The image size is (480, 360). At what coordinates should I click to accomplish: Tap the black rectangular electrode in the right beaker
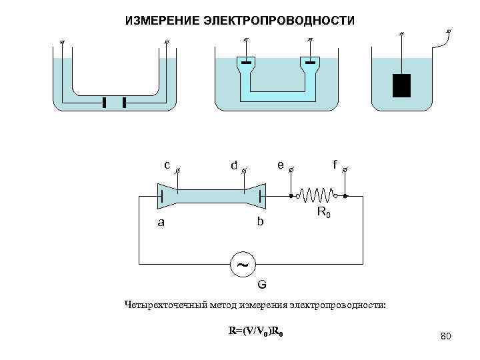point(401,85)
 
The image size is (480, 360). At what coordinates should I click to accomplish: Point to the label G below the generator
point(262,285)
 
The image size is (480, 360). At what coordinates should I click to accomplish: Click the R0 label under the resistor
point(323,213)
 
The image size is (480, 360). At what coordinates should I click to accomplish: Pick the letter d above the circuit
point(233,164)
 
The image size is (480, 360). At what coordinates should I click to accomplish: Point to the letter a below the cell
point(160,223)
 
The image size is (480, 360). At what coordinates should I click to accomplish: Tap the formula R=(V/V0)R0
point(257,331)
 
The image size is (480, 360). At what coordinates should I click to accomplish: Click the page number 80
point(446,338)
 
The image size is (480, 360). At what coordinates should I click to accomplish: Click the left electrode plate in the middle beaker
point(247,63)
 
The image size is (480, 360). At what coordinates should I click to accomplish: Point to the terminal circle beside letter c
point(177,171)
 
